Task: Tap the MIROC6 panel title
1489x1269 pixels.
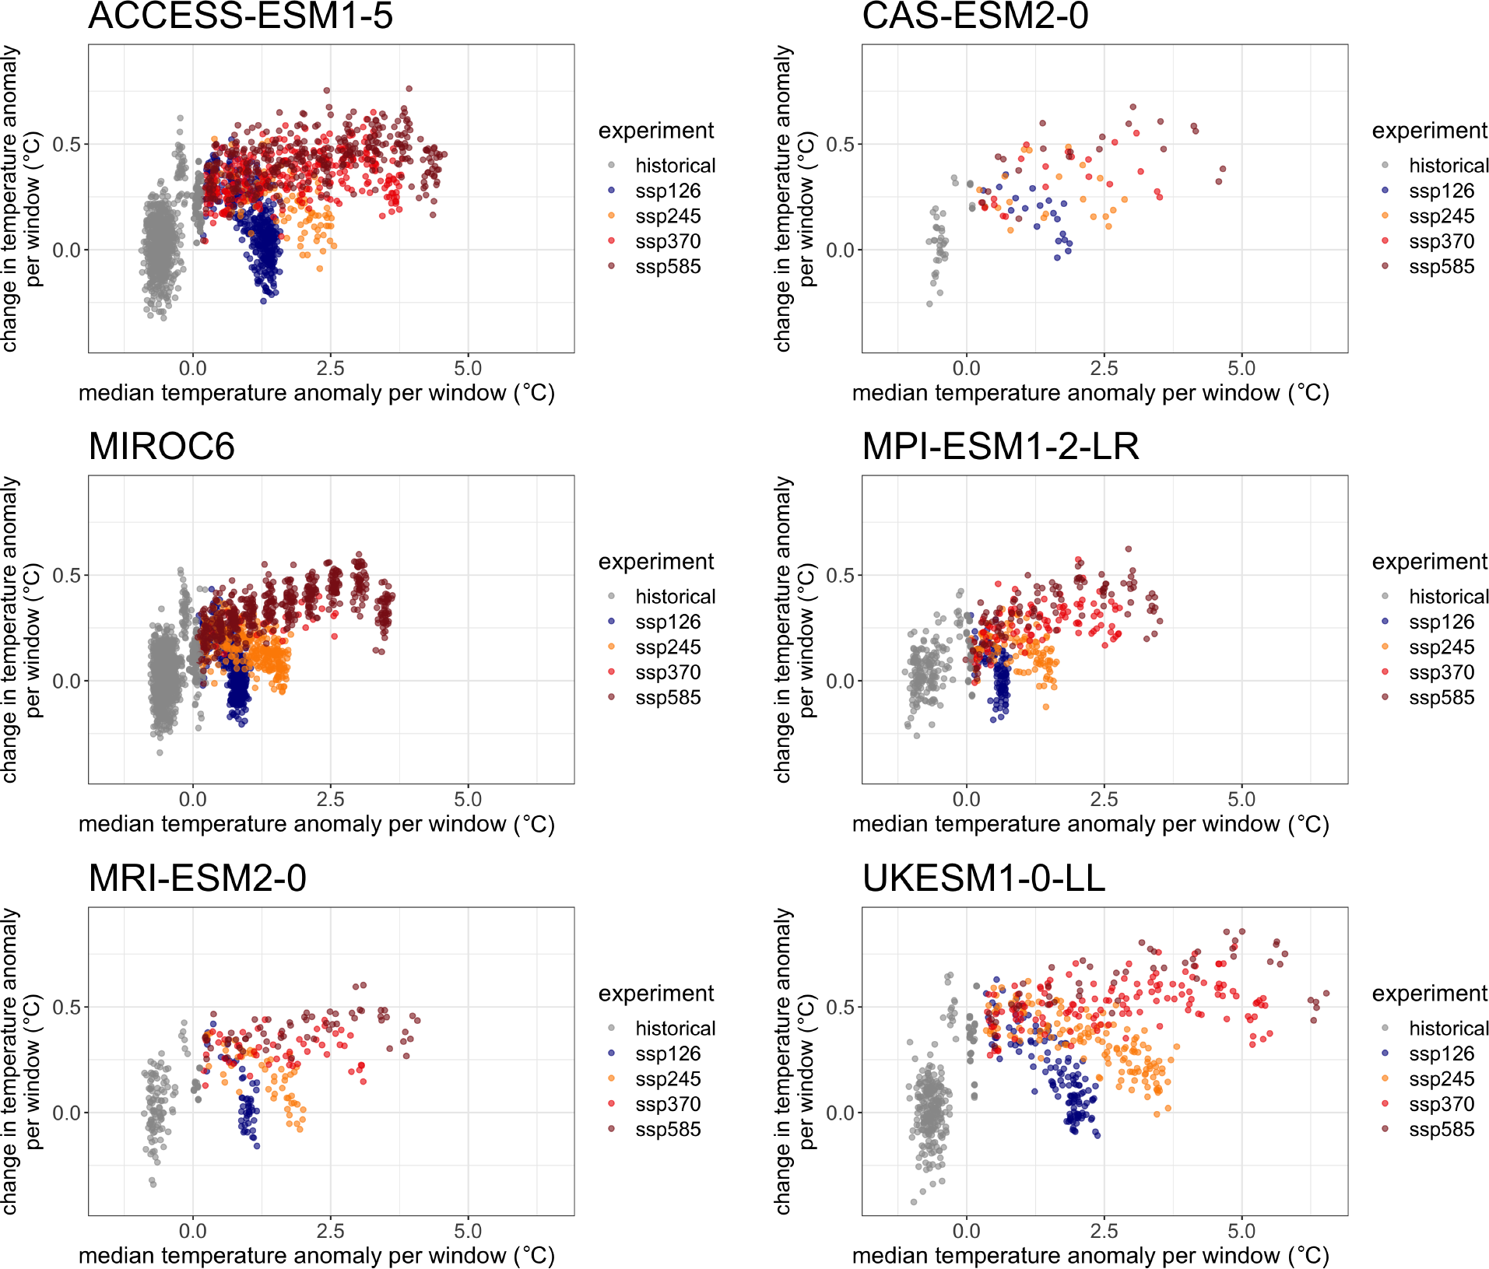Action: [x=161, y=447]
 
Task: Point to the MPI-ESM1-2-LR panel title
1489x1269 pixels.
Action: [x=1000, y=447]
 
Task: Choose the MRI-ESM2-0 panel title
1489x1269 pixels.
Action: [x=197, y=878]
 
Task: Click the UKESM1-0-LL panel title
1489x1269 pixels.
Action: [x=983, y=878]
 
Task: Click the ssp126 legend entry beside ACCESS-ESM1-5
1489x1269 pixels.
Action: [x=667, y=191]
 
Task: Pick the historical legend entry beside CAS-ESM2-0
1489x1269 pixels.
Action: [x=1448, y=166]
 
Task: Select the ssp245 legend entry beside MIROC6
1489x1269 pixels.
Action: [x=667, y=647]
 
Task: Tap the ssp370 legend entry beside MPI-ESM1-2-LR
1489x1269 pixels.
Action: [x=1441, y=673]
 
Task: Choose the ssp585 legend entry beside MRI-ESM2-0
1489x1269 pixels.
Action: [x=667, y=1130]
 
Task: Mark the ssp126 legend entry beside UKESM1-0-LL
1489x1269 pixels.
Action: [x=1441, y=1054]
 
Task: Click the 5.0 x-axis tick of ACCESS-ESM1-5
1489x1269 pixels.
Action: [x=467, y=369]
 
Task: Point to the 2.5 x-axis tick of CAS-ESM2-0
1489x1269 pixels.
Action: [x=1104, y=369]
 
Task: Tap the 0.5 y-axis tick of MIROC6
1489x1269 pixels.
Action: [x=66, y=576]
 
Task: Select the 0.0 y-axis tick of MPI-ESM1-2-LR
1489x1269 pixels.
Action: [x=840, y=682]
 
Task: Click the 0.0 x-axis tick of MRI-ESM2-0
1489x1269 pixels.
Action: [x=192, y=1232]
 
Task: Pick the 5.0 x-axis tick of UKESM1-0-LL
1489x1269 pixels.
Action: [x=1241, y=1232]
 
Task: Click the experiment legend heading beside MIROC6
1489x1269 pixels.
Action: [x=655, y=562]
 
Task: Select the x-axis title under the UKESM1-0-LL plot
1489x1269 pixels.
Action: [x=1090, y=1256]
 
